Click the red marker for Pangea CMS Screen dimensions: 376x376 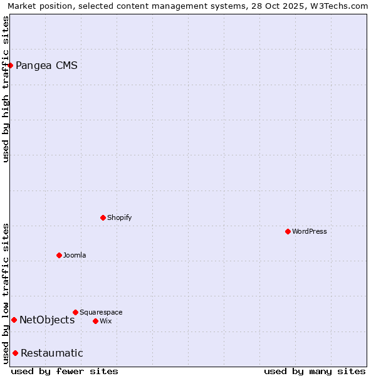10,65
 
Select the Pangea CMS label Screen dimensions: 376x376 46,65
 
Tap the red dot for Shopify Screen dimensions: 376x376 103,217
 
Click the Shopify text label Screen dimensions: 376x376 119,217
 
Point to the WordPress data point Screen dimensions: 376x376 288,231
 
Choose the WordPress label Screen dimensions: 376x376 309,231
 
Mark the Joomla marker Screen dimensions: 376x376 59,255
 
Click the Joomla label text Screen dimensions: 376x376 75,255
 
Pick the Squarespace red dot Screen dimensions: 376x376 75,312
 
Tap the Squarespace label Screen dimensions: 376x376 101,312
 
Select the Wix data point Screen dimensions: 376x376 95,321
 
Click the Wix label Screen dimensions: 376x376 105,321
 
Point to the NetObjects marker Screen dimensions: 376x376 14,320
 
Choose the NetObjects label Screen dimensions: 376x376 47,320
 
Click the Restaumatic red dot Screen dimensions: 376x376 15,353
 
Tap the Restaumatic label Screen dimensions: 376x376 51,353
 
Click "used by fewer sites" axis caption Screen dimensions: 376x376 65,371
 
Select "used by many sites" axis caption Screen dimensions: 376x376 315,371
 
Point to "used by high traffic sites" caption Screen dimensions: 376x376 6,89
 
